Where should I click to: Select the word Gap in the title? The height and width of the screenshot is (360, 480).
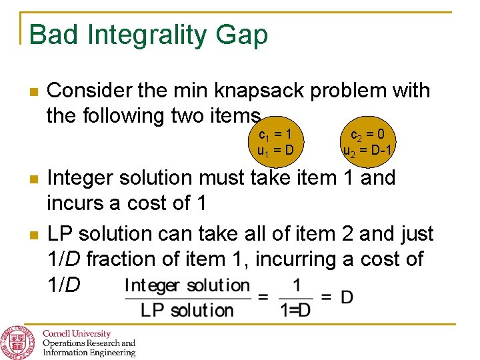click(x=245, y=35)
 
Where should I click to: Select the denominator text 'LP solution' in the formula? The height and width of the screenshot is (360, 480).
click(x=187, y=310)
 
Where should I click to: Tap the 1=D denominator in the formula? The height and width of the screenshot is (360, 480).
click(x=295, y=310)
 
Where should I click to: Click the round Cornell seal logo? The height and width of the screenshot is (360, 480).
click(x=19, y=342)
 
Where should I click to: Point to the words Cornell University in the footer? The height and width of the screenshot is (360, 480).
click(x=77, y=333)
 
